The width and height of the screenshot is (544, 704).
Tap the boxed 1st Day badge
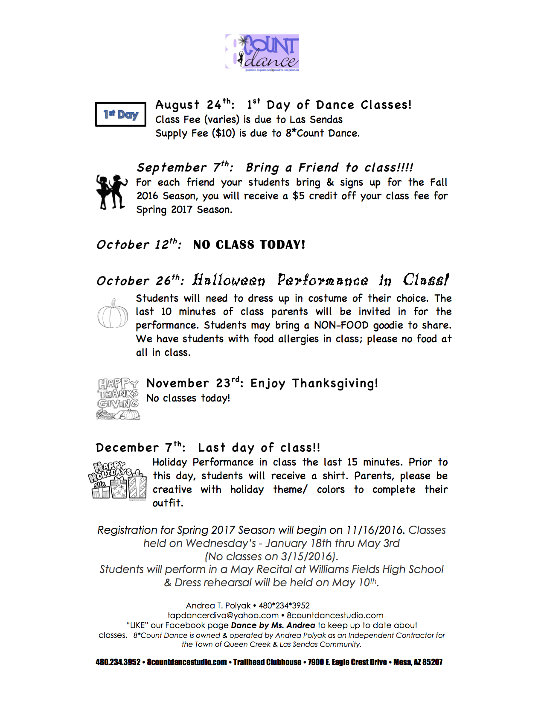click(x=120, y=114)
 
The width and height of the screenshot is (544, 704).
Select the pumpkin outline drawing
click(x=113, y=314)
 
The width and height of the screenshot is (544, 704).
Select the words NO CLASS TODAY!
click(x=249, y=245)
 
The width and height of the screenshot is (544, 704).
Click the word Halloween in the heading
click(x=229, y=280)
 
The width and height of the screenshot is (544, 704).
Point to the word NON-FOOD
click(x=341, y=326)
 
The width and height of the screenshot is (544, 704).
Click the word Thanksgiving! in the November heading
click(x=335, y=384)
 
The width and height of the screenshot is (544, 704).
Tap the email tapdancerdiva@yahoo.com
click(x=223, y=615)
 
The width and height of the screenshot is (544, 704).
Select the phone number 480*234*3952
click(x=284, y=605)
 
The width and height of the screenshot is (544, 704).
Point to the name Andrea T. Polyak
click(x=218, y=605)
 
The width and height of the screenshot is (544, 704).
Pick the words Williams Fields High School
click(x=376, y=570)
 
